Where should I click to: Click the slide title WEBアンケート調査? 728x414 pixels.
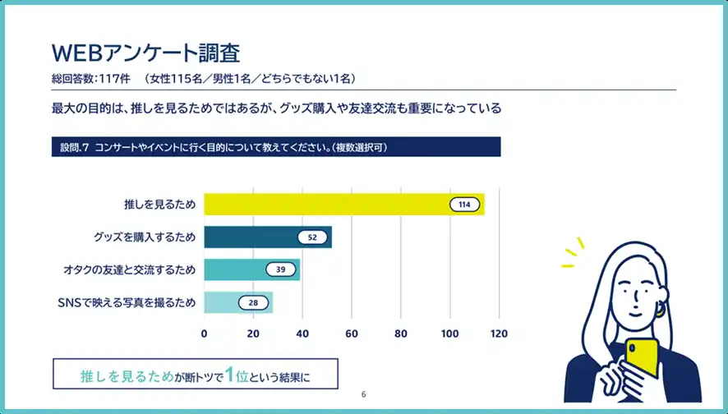pyautogui.click(x=145, y=53)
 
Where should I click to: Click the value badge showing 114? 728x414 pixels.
pyautogui.click(x=464, y=205)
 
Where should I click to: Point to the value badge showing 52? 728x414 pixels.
pyautogui.click(x=311, y=237)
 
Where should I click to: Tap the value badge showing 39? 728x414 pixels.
pyautogui.click(x=280, y=269)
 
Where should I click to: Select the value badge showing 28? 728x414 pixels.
pyautogui.click(x=253, y=302)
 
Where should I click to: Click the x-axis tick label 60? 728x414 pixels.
pyautogui.click(x=352, y=333)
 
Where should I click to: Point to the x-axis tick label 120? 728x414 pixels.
pyautogui.click(x=499, y=333)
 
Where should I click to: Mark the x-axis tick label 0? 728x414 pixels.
pyautogui.click(x=204, y=333)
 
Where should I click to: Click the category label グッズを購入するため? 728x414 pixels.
pyautogui.click(x=145, y=237)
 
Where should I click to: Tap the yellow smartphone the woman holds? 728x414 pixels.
pyautogui.click(x=642, y=358)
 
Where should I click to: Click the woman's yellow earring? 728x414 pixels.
pyautogui.click(x=658, y=310)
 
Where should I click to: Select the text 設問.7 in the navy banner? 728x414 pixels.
pyautogui.click(x=74, y=148)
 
